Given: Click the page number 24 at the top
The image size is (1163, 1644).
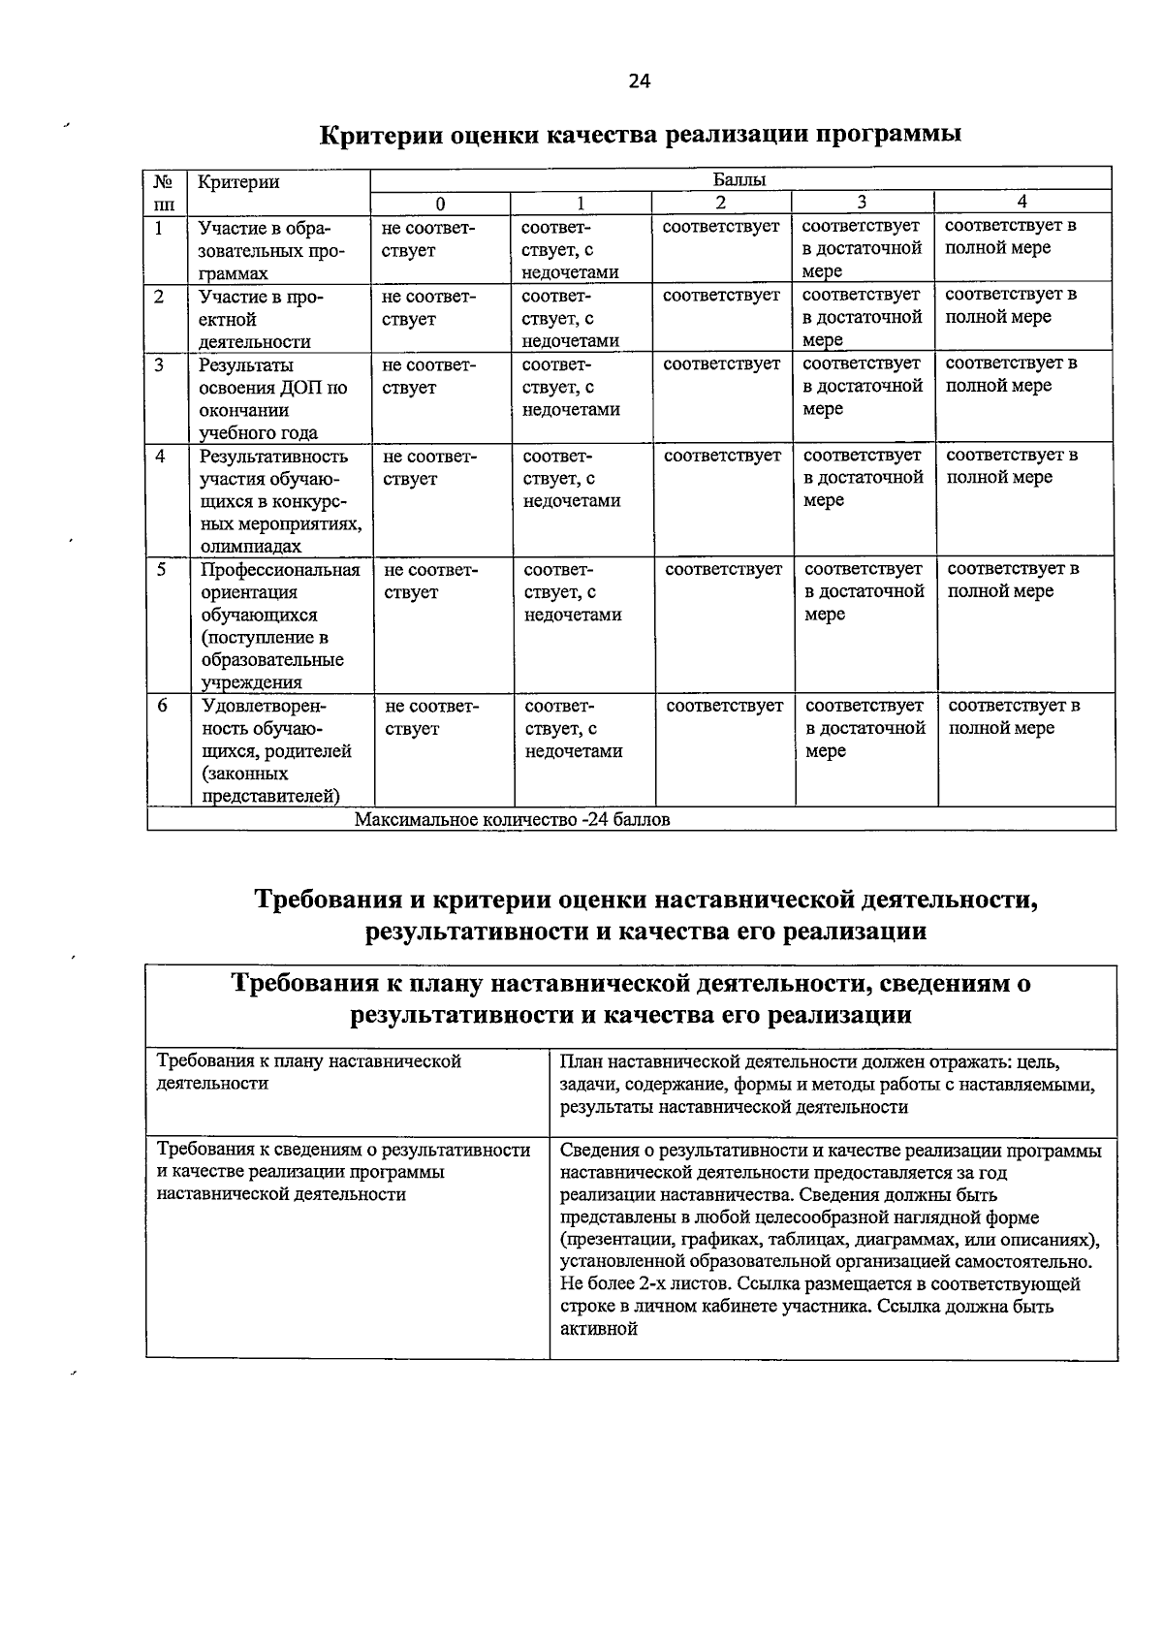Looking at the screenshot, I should tap(639, 81).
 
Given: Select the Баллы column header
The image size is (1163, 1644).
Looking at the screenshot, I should tap(739, 179).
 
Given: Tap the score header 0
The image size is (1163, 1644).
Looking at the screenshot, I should tap(440, 204).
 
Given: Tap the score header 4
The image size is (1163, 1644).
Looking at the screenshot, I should tap(1022, 202).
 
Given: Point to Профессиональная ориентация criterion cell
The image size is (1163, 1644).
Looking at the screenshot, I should tap(280, 625).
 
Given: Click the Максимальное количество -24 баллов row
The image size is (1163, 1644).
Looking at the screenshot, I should tap(512, 820).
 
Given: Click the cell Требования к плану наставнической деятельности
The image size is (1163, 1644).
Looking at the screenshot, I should tap(309, 1072).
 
